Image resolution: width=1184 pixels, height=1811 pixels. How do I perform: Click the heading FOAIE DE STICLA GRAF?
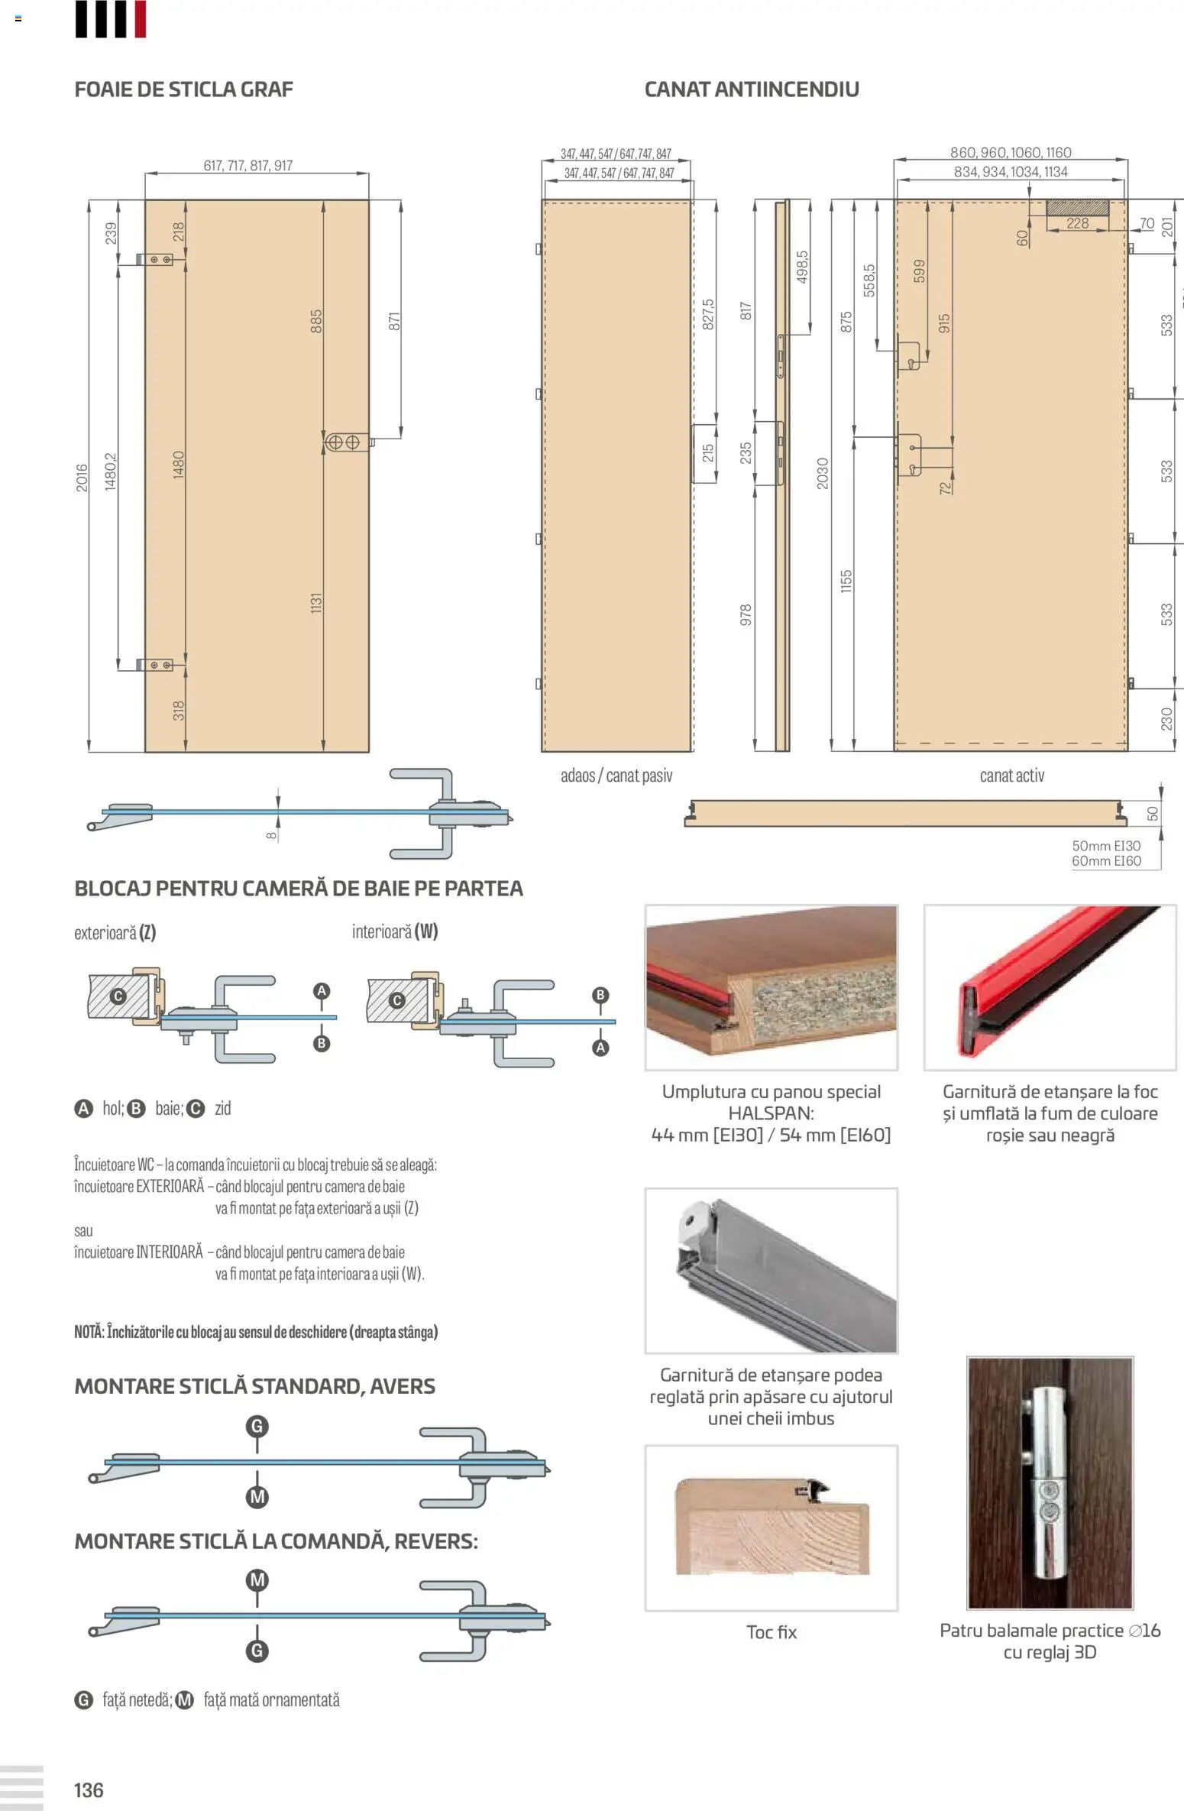pyautogui.click(x=183, y=89)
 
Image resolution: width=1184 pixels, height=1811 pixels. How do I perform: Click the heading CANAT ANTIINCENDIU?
pyautogui.click(x=751, y=89)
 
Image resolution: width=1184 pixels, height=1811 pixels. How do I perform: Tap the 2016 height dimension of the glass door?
pyautogui.click(x=82, y=478)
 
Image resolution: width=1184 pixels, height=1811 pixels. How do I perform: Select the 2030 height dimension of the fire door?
pyautogui.click(x=822, y=473)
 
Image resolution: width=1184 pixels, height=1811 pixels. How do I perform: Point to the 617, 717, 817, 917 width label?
pyautogui.click(x=247, y=166)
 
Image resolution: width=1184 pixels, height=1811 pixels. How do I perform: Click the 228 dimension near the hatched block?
pyautogui.click(x=1077, y=223)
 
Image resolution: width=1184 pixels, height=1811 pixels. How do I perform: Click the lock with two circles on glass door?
pyautogui.click(x=343, y=442)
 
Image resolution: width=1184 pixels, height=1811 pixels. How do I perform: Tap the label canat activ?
pyautogui.click(x=1011, y=776)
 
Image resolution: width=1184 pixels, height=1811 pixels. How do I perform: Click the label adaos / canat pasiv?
pyautogui.click(x=616, y=776)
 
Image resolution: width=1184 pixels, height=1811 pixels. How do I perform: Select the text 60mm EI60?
pyautogui.click(x=1105, y=861)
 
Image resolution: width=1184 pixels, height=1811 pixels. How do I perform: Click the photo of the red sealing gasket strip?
pyautogui.click(x=1050, y=987)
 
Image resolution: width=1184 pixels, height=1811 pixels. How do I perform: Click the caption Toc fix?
pyautogui.click(x=771, y=1632)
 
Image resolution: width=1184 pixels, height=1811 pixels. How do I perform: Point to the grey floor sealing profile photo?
pyautogui.click(x=771, y=1270)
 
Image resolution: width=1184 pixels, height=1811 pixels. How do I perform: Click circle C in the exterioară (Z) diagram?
pyautogui.click(x=118, y=996)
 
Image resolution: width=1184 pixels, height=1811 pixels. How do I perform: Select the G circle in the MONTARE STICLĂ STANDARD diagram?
pyautogui.click(x=257, y=1426)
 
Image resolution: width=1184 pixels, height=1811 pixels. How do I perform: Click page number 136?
pyautogui.click(x=89, y=1790)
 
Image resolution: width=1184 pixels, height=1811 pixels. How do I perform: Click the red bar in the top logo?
pyautogui.click(x=140, y=19)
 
